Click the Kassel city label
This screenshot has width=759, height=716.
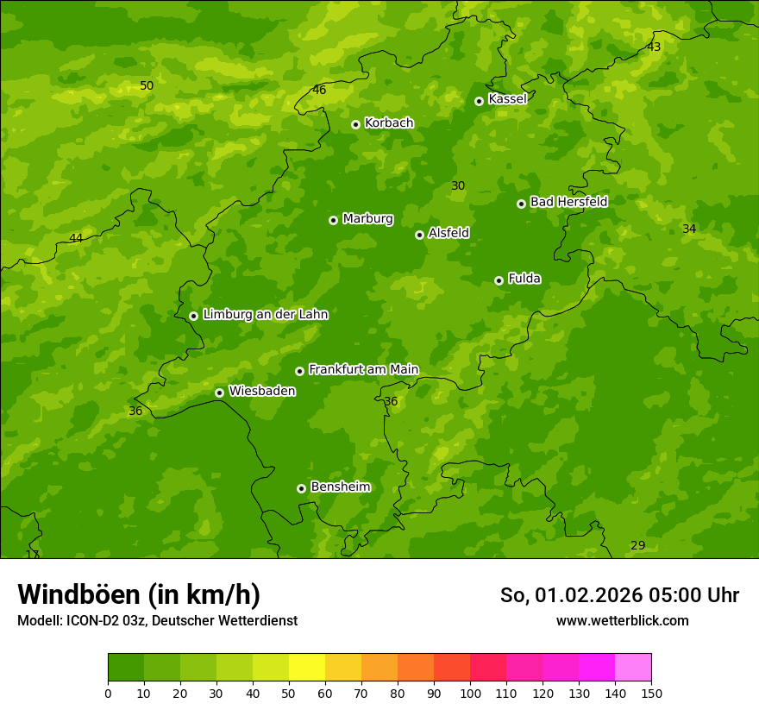point(507,99)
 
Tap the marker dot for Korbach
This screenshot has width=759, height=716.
point(355,124)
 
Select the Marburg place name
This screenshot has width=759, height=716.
point(367,219)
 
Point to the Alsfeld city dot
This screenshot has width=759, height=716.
point(419,235)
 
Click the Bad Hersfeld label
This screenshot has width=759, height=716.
point(568,202)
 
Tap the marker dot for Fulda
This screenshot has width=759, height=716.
point(499,280)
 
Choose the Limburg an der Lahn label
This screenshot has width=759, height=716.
point(265,315)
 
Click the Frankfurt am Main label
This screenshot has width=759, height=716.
point(363,370)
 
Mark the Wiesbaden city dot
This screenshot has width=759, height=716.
point(219,393)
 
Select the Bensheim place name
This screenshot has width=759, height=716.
point(340,487)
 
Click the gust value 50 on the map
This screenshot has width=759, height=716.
point(147,85)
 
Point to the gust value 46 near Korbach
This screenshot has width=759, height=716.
point(319,90)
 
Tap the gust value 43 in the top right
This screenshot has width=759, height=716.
point(654,47)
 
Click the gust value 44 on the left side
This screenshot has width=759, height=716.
point(76,238)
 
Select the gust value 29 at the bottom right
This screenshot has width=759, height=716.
point(637,545)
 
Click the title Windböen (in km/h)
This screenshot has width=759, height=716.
point(139,594)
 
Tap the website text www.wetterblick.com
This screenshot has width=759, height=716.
point(622,620)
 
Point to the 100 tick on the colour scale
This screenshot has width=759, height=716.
point(470,693)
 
